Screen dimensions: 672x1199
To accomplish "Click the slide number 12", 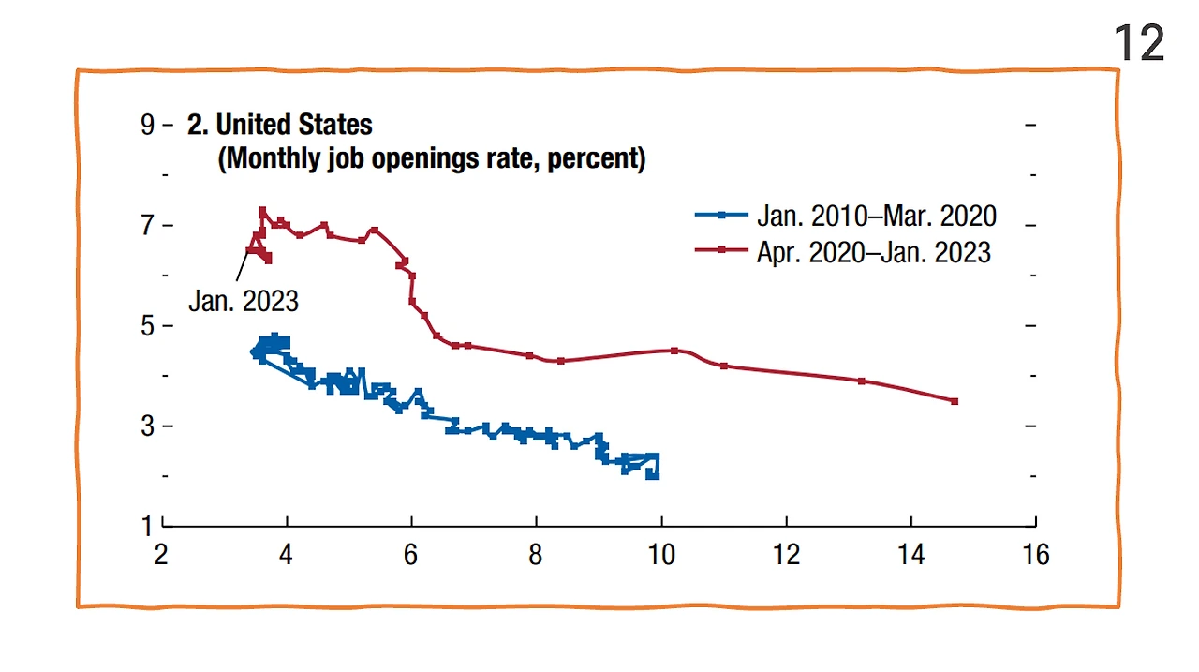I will coord(1139,44).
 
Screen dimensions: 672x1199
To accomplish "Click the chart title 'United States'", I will coord(293,125).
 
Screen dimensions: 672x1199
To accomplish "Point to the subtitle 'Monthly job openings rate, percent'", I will coord(432,158).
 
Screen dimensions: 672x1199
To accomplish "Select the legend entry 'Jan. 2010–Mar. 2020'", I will coord(876,216).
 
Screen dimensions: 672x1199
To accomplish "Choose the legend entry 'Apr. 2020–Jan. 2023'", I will coord(873,251).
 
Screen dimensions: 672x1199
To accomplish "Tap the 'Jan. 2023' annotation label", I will coord(244,301).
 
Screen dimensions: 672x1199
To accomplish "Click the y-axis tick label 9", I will coord(147,125).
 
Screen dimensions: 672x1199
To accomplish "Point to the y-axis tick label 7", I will coord(147,225).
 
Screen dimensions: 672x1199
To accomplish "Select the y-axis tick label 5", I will coord(147,325).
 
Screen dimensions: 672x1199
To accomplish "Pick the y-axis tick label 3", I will coord(147,426).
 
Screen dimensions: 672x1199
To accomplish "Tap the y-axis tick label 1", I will coord(147,526).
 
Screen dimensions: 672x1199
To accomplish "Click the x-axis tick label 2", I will coord(162,555).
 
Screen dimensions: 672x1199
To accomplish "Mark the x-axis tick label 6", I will coord(411,555).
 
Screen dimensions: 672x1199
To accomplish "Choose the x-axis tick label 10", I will coord(661,555).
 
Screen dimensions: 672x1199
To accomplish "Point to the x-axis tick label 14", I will coord(910,555).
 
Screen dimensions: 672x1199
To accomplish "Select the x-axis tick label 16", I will coord(1035,555).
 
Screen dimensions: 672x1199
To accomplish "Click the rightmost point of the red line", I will coord(955,401).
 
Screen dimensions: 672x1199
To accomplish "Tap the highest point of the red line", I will coord(262,211).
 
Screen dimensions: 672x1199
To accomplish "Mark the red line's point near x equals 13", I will coord(861,381).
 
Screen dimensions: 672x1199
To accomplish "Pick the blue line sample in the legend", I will coord(721,216).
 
